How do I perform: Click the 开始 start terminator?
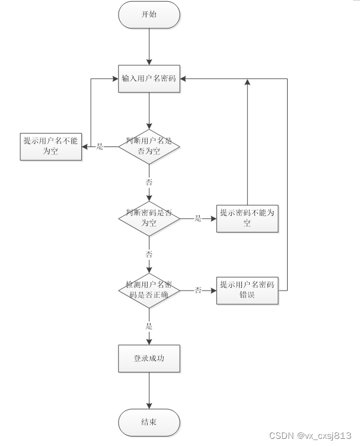tap(149, 15)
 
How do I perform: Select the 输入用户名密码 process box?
tap(149, 78)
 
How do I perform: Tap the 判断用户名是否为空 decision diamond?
tap(149, 146)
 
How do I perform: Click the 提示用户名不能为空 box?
tap(50, 146)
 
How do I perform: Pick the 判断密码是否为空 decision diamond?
tap(149, 218)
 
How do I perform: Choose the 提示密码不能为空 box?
tap(247, 218)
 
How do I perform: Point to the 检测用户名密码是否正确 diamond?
tap(149, 290)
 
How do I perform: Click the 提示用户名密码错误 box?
tap(247, 290)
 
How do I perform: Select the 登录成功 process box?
tap(149, 358)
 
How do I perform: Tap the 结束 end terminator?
tap(149, 422)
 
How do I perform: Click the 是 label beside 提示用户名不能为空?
tap(100, 146)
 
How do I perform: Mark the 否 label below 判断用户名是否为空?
tap(149, 182)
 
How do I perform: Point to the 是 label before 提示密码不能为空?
tap(198, 218)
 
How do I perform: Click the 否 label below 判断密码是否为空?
tap(149, 254)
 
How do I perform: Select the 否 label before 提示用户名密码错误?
tap(198, 291)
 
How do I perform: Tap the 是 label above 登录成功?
tap(149, 326)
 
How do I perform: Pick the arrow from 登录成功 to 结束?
tap(149, 391)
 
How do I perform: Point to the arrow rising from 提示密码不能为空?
tap(247, 142)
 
